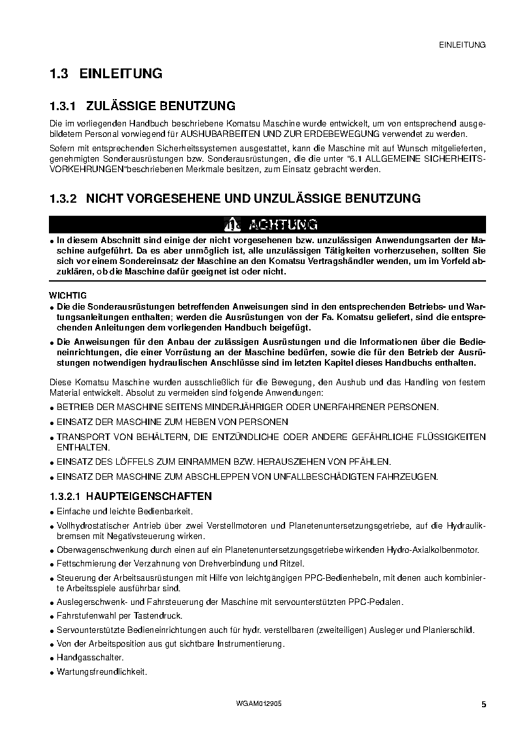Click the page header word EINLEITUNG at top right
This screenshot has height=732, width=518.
(x=463, y=45)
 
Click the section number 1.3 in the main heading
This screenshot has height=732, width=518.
(x=59, y=74)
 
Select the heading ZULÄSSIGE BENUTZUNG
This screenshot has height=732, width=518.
(x=160, y=106)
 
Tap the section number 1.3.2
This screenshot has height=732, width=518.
(x=63, y=198)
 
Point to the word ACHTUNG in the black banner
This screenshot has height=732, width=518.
(x=283, y=225)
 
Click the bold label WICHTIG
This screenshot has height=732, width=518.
(x=68, y=295)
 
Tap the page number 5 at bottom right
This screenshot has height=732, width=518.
(x=483, y=705)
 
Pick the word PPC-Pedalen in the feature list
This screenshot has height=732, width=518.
(x=379, y=601)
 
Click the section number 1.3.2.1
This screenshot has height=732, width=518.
(x=68, y=496)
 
